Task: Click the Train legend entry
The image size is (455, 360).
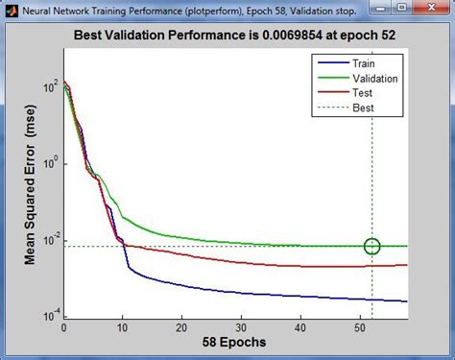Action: tap(364, 62)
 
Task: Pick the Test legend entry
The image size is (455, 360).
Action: tap(362, 92)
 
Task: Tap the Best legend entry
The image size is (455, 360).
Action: tap(362, 108)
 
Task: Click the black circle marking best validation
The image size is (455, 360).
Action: tap(372, 247)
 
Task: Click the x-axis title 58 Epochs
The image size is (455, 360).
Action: tap(235, 343)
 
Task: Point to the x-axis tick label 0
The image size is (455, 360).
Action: tap(63, 326)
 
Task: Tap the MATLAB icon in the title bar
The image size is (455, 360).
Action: tap(10, 10)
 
